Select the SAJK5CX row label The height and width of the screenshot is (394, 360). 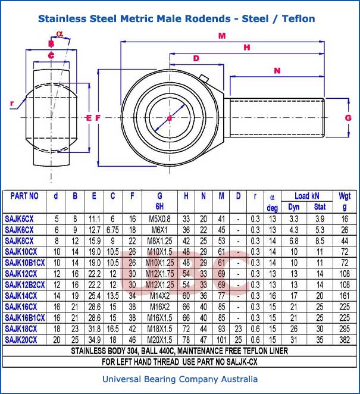point(19,219)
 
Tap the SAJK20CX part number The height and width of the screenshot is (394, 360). point(21,339)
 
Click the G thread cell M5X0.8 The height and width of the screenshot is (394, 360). point(159,219)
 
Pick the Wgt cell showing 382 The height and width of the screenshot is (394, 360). point(345,339)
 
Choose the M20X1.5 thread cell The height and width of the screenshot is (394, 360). point(159,339)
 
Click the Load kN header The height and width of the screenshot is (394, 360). point(306,196)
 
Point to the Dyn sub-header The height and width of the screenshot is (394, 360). point(294,207)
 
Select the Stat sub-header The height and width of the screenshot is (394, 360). point(320,207)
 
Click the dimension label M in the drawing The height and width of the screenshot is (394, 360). point(222,36)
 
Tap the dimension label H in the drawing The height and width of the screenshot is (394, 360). point(247,47)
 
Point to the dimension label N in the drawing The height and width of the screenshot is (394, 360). point(277,70)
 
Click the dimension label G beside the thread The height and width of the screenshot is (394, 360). point(348,118)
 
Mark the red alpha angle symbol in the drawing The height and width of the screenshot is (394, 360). point(59,33)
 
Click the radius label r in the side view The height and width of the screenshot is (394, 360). point(12,103)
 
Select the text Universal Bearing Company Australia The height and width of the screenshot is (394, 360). point(180,379)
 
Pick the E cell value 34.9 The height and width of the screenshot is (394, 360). point(93,339)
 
